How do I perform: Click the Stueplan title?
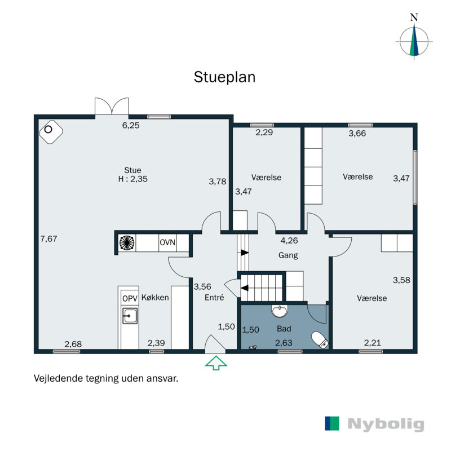coord(224,77)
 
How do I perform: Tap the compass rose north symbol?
coord(414,41)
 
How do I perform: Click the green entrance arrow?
coord(215,362)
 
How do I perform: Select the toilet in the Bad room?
coord(319,339)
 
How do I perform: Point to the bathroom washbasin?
coord(280,311)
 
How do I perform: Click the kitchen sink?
coord(130,316)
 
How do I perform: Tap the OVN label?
coord(167,242)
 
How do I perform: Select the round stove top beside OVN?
coord(127,242)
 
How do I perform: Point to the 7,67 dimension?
coord(48,238)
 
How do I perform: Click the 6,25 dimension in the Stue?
coord(131,125)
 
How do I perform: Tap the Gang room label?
coord(288,255)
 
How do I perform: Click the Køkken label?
coord(155,297)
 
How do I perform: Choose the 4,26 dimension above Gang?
coord(290,240)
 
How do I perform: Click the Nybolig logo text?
coord(386,425)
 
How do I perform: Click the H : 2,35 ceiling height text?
coord(133,179)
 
